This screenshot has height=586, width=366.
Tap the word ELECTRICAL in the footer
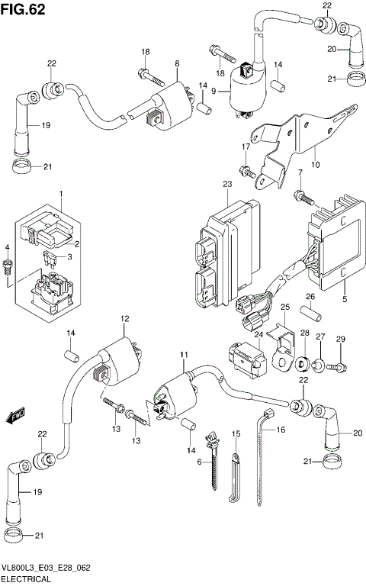click(x=28, y=579)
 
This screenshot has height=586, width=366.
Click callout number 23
click(x=226, y=185)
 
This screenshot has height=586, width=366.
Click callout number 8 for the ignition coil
click(x=177, y=64)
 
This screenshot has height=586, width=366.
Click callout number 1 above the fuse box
click(x=61, y=195)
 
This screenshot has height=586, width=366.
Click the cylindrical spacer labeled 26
click(x=310, y=314)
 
